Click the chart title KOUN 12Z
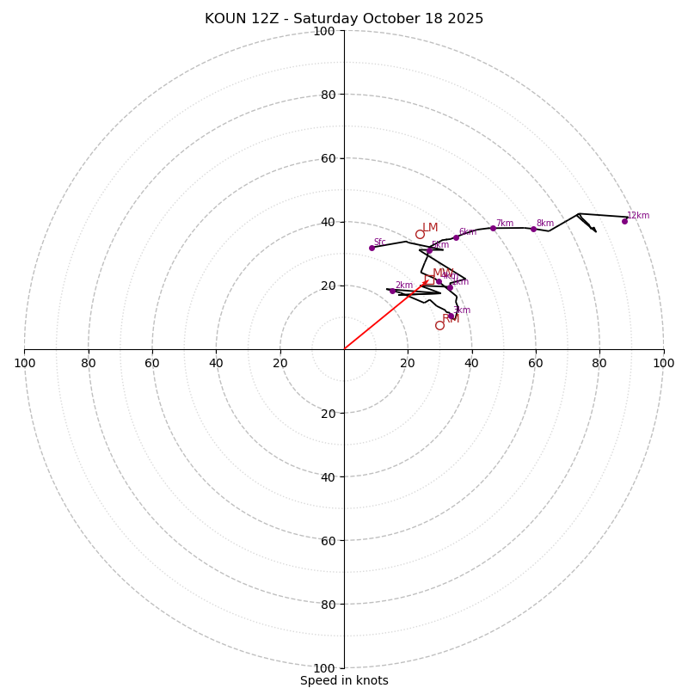[x=344, y=19]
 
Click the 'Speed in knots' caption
[x=344, y=680]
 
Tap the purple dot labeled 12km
[x=624, y=221]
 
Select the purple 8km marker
[x=533, y=229]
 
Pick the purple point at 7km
[x=493, y=228]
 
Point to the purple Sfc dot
[x=372, y=248]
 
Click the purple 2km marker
[x=392, y=291]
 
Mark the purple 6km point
[x=456, y=237]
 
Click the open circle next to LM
[x=420, y=234]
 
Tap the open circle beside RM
[x=439, y=325]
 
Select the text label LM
[x=430, y=228]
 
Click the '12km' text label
[x=638, y=216]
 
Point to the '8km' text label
[x=545, y=224]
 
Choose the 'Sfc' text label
[x=379, y=243]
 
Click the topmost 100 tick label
[x=324, y=31]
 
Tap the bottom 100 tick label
[x=324, y=667]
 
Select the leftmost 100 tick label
[x=24, y=363]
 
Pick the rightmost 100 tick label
[x=663, y=363]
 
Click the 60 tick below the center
[x=328, y=540]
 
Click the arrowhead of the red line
[x=425, y=280]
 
